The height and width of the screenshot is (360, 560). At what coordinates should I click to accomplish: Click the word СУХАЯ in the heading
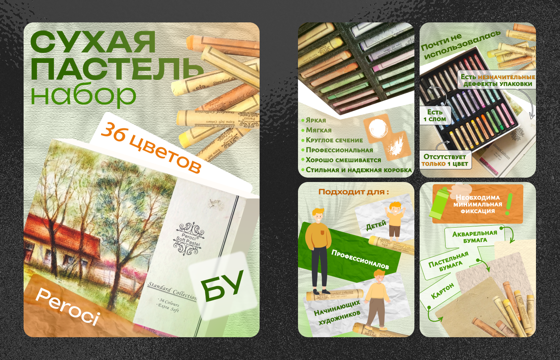click(x=93, y=42)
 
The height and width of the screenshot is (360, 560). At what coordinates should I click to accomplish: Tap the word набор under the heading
click(x=83, y=95)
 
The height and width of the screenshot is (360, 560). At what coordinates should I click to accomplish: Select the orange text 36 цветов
click(x=151, y=148)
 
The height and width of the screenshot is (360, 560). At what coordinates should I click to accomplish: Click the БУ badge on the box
click(x=222, y=286)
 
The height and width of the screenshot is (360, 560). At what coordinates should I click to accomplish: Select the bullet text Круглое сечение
click(x=334, y=140)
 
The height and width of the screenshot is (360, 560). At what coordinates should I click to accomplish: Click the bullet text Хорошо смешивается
click(x=343, y=160)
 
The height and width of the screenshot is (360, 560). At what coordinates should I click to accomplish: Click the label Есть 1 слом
click(x=435, y=115)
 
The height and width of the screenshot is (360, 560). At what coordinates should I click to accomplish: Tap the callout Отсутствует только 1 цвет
click(x=445, y=160)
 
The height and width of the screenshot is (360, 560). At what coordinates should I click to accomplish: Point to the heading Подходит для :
click(x=354, y=192)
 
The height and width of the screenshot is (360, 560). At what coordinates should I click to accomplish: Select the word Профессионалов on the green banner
click(x=360, y=259)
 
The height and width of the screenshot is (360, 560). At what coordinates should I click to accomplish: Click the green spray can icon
click(x=439, y=203)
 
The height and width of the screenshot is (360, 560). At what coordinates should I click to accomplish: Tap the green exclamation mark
click(x=509, y=204)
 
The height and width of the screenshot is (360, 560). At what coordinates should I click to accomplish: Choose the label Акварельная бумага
click(x=475, y=236)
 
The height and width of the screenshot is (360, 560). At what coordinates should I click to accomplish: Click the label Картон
click(x=442, y=291)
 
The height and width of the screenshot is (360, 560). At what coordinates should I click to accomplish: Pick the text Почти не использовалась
click(x=460, y=45)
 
